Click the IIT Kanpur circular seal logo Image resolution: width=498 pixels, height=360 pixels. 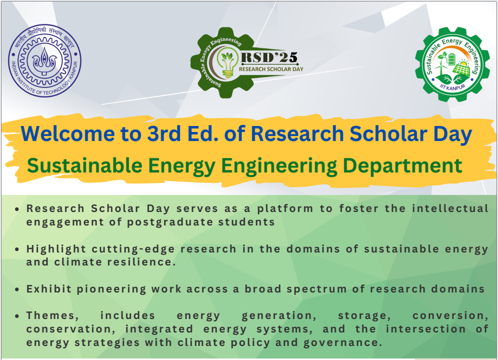click(45, 60)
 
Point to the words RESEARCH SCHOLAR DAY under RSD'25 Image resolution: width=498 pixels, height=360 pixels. click(271, 69)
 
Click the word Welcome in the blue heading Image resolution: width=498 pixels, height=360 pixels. click(68, 133)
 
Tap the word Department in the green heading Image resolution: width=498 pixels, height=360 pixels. click(403, 166)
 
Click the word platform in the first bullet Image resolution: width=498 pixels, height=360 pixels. click(285, 209)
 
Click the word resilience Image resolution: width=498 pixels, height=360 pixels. click(142, 262)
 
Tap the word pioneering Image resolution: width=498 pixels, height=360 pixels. click(111, 289)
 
